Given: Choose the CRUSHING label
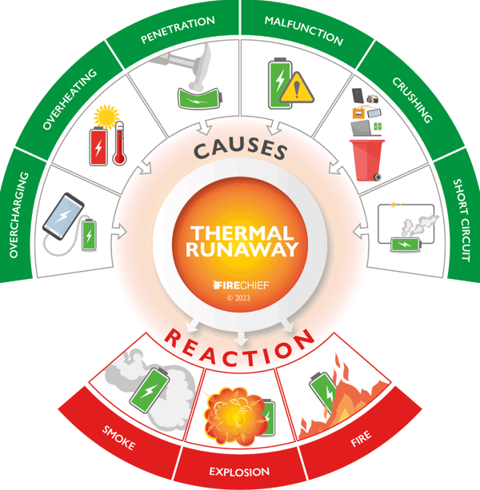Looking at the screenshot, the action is point(411,100).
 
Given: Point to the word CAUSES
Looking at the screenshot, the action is point(240,149).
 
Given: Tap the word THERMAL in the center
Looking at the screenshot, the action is point(239,232).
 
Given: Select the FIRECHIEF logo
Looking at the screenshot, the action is point(239,285).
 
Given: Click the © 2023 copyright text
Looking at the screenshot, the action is point(239,297).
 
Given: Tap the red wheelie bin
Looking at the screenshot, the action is point(366,158).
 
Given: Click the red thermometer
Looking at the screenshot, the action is point(119,144).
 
